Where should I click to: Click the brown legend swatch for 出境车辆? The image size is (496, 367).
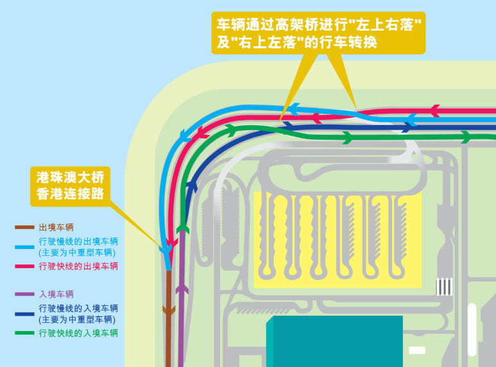coord(24,227)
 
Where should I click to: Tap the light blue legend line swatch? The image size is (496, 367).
coord(24,246)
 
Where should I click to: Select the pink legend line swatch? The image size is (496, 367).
coord(24,266)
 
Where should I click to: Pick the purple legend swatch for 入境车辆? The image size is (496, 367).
coord(24,294)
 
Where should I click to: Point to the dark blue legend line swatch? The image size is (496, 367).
coord(24,314)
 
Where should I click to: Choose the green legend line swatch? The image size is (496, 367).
coord(24,333)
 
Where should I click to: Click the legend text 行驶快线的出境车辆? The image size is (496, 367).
coord(78,266)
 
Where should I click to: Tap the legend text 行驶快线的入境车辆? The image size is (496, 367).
coord(78,333)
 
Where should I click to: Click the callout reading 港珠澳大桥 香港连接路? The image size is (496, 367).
coord(71,185)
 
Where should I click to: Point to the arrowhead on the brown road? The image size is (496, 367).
coord(169,311)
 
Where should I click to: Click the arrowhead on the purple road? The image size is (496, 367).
coord(182,289)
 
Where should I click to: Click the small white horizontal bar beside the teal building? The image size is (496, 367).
coord(417,350)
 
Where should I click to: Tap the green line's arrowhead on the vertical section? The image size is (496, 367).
coord(183,228)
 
